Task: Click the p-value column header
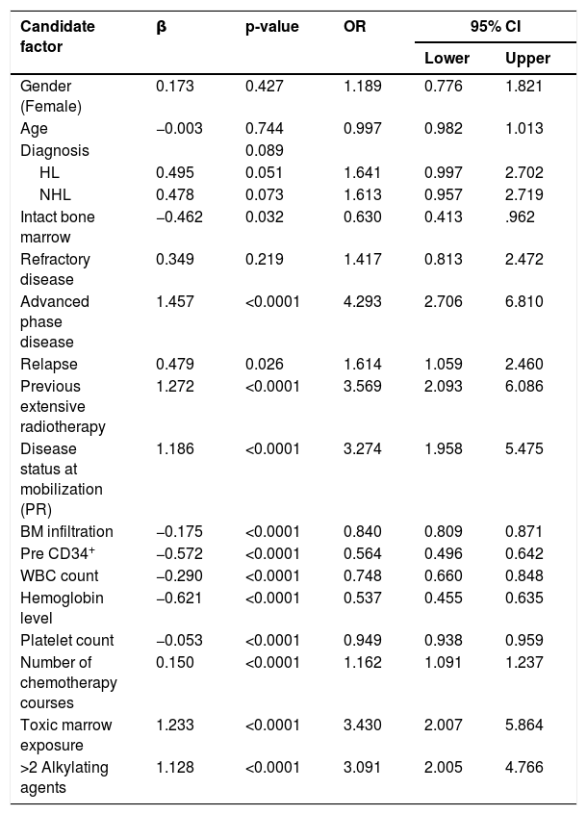tap(272, 27)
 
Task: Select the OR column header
tap(354, 26)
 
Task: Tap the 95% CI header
tap(496, 26)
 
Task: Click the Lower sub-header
tap(447, 58)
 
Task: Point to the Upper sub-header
tap(527, 59)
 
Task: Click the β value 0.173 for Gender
tap(175, 86)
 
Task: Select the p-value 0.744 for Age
tap(265, 128)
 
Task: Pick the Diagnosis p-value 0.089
tap(265, 151)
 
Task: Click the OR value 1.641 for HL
tap(363, 172)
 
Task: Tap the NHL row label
tap(55, 195)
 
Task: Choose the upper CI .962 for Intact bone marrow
tap(520, 216)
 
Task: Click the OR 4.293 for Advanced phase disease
tap(363, 301)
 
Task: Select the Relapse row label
tap(49, 365)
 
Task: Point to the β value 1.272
tap(175, 386)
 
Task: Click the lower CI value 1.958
tap(444, 448)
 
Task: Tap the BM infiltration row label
tap(66, 532)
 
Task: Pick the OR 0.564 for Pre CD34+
tap(363, 553)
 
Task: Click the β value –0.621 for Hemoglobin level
tap(179, 598)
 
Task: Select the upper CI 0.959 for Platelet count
tap(524, 641)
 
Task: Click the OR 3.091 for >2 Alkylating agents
tap(363, 767)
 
